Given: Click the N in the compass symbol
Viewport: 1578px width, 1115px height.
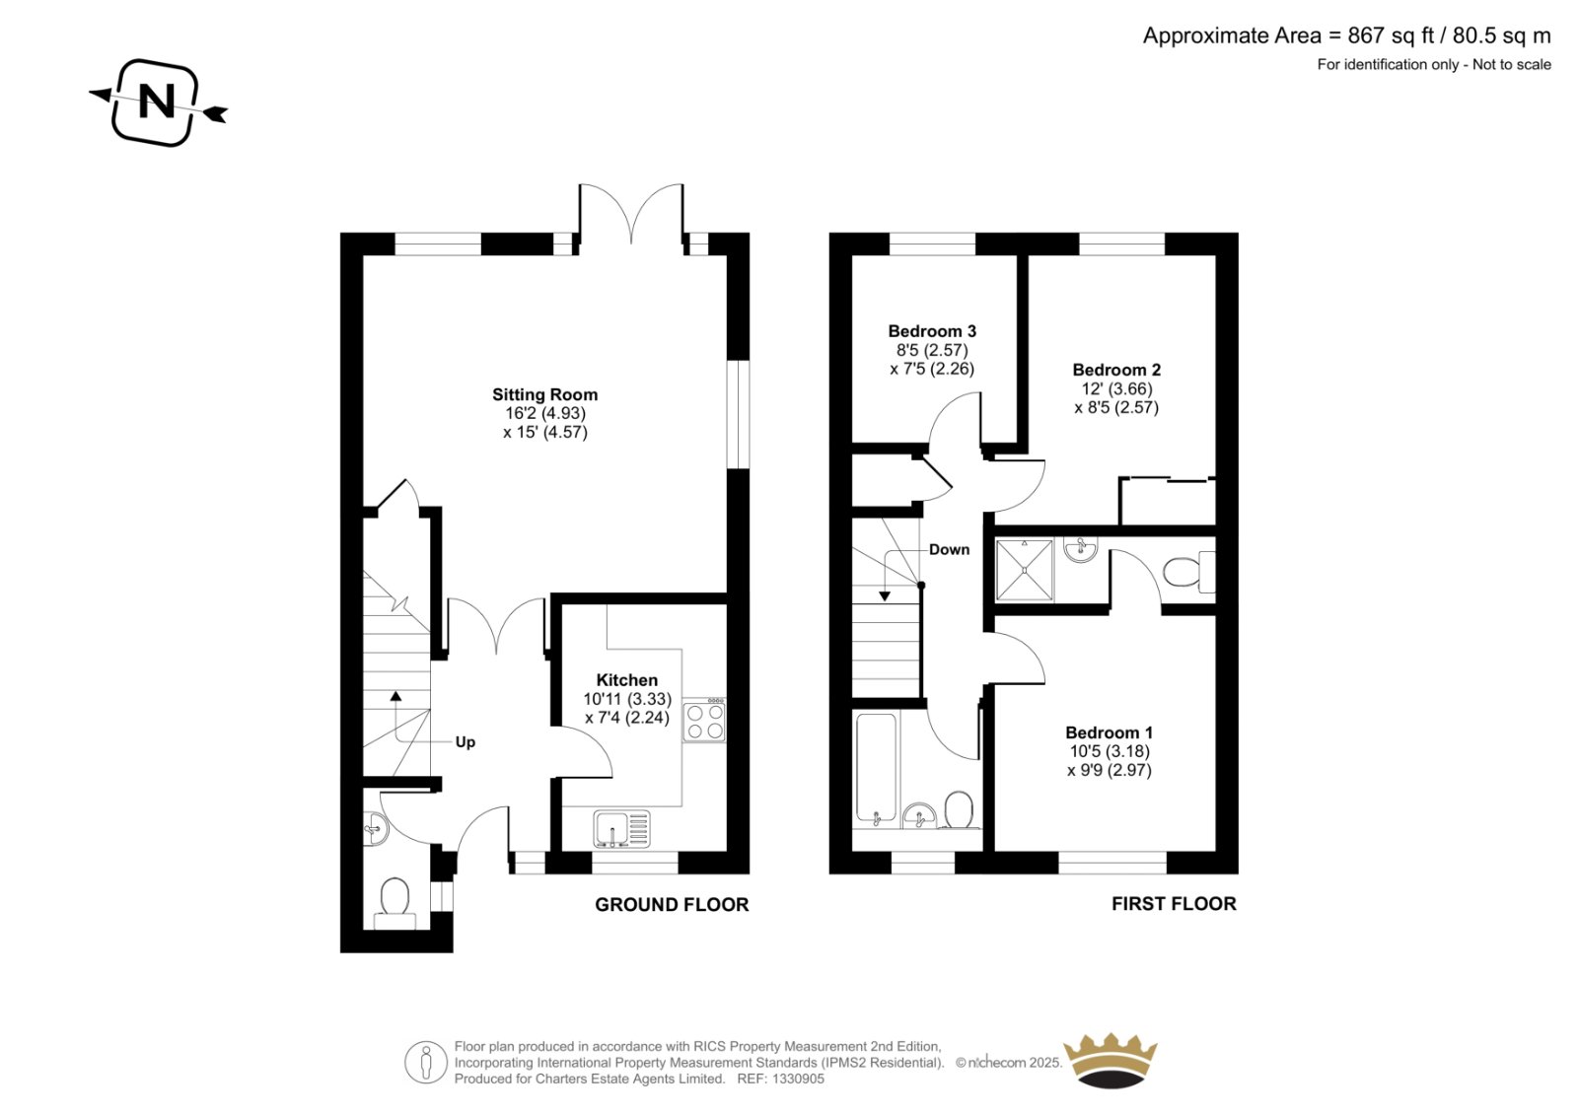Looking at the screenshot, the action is coord(157,102).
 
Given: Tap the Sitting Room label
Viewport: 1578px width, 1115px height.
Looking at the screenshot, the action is coord(544,394).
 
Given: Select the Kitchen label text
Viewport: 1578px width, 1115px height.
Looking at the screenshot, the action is coord(627,679).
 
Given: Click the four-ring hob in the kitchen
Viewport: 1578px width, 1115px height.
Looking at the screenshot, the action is coord(704,719).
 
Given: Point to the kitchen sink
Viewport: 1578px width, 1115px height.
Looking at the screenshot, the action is coord(621,829).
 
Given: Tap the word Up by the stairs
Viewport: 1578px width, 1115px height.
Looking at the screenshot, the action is coord(465,741).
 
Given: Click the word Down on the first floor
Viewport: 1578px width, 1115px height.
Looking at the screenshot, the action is coord(949,549).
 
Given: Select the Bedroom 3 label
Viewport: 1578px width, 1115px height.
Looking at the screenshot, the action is coord(932,331).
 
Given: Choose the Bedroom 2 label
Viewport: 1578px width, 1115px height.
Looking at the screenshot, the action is coord(1116,370).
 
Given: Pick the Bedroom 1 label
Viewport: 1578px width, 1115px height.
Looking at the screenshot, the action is coord(1109,732).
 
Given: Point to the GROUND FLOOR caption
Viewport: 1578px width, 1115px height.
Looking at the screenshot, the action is coord(672,905).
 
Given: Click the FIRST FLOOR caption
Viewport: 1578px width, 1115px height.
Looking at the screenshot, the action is coord(1174,904).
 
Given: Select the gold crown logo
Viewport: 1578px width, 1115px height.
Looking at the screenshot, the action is coord(1111,1061).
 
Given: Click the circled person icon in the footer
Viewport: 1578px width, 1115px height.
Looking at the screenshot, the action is coord(425,1062).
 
